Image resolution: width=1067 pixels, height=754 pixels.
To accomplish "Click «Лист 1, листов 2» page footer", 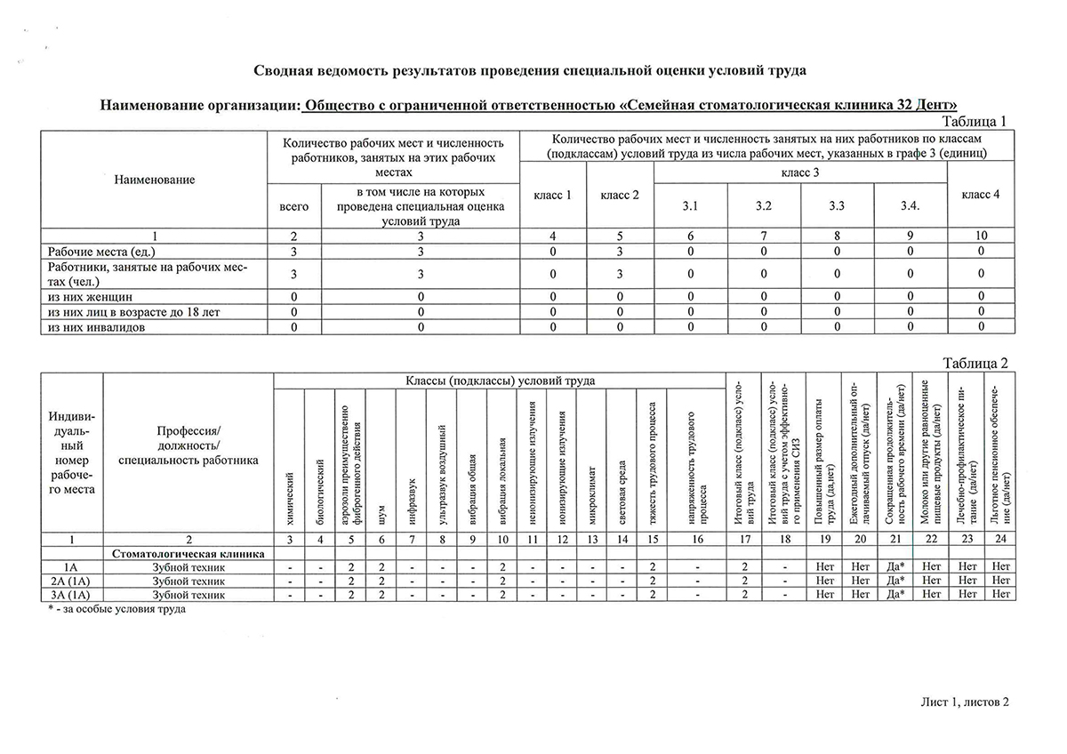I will point(965,702).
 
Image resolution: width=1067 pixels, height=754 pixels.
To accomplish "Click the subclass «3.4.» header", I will point(910,206).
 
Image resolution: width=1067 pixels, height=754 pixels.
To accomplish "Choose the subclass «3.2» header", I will point(763,206).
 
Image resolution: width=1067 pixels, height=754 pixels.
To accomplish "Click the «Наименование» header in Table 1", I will point(154,180).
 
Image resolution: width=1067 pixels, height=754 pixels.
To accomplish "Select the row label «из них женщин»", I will point(91,296).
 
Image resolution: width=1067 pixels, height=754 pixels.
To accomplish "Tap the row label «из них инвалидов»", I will point(97,326).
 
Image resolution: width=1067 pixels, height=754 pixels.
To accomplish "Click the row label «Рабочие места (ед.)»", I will point(108,252).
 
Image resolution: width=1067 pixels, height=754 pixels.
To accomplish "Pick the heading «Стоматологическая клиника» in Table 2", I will point(189,554).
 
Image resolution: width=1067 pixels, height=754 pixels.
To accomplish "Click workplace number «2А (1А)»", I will point(71,580).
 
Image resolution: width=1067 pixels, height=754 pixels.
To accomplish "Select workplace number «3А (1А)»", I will point(71,594).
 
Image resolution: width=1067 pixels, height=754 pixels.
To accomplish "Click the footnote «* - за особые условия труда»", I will point(116,610).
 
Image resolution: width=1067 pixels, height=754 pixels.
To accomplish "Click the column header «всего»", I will point(293,206).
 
